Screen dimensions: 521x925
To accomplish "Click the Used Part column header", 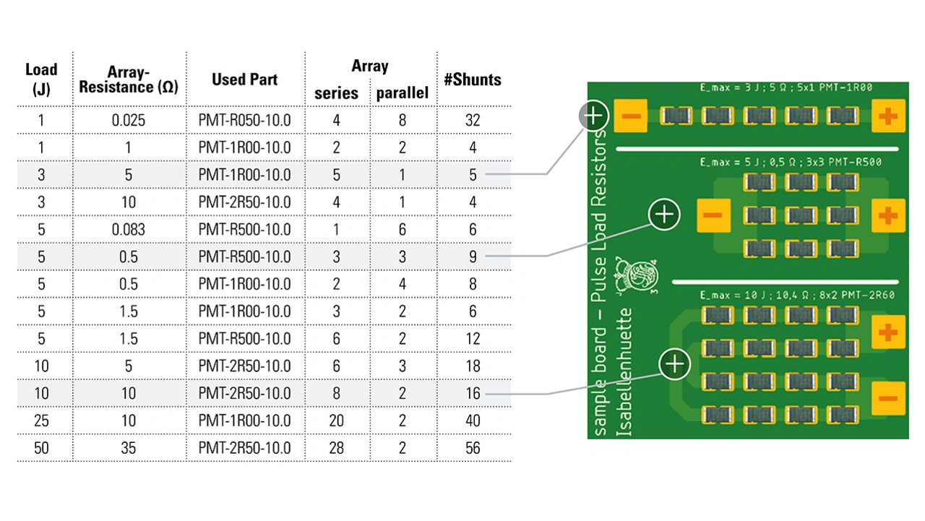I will pos(244,79).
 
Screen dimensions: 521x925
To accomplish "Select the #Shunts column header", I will pos(473,79).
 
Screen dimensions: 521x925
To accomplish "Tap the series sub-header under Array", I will pos(336,93).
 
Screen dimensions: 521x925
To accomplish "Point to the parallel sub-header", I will pos(402,93).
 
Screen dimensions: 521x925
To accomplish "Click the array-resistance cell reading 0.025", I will pos(129,121).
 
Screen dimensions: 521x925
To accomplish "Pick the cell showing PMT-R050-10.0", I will pos(244,121).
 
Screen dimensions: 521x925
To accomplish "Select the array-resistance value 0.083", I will pos(129,230).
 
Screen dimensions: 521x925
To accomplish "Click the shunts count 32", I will pos(473,121).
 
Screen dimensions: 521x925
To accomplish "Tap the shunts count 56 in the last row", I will pos(473,448).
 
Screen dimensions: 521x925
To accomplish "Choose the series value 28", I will pos(336,448).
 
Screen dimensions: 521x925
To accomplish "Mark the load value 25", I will pos(41,421).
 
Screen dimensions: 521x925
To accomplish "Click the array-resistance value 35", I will pos(129,448).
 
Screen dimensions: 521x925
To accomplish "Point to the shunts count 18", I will pos(473,366).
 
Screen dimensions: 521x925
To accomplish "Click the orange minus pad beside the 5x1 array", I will pos(630,116).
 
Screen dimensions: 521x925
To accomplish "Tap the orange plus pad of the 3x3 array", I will pos(887,215).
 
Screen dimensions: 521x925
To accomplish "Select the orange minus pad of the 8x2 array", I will pos(887,399).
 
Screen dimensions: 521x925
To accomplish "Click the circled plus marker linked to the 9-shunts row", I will pos(664,214).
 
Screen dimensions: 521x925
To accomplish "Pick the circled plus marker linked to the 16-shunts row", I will pos(675,363).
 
